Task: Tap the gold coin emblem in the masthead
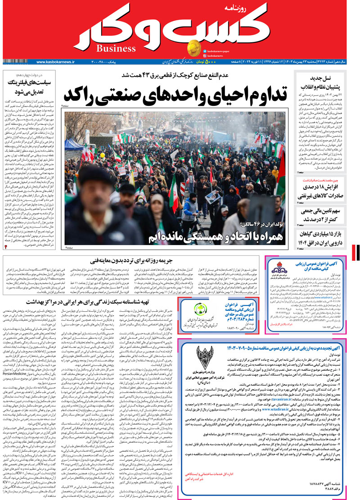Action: pos(194,46)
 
